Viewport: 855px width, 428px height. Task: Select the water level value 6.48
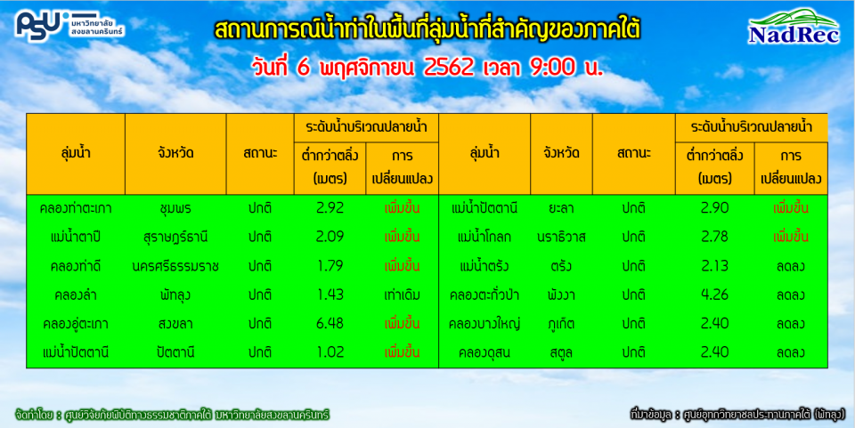330,323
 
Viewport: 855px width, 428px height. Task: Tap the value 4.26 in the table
715,295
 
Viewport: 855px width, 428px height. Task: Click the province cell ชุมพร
175,208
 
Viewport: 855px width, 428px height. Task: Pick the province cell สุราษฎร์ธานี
175,237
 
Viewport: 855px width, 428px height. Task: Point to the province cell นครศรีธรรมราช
175,266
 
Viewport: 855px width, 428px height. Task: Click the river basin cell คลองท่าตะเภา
75,208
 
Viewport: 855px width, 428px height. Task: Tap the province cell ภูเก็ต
560,323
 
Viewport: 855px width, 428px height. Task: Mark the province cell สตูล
560,352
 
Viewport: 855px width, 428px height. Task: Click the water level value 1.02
330,352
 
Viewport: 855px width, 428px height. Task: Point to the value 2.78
715,237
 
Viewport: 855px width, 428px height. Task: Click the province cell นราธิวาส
560,237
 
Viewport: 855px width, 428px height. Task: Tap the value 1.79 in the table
330,266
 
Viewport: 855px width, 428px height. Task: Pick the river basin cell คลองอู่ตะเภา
75,323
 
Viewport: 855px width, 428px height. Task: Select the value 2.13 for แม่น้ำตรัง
715,266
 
